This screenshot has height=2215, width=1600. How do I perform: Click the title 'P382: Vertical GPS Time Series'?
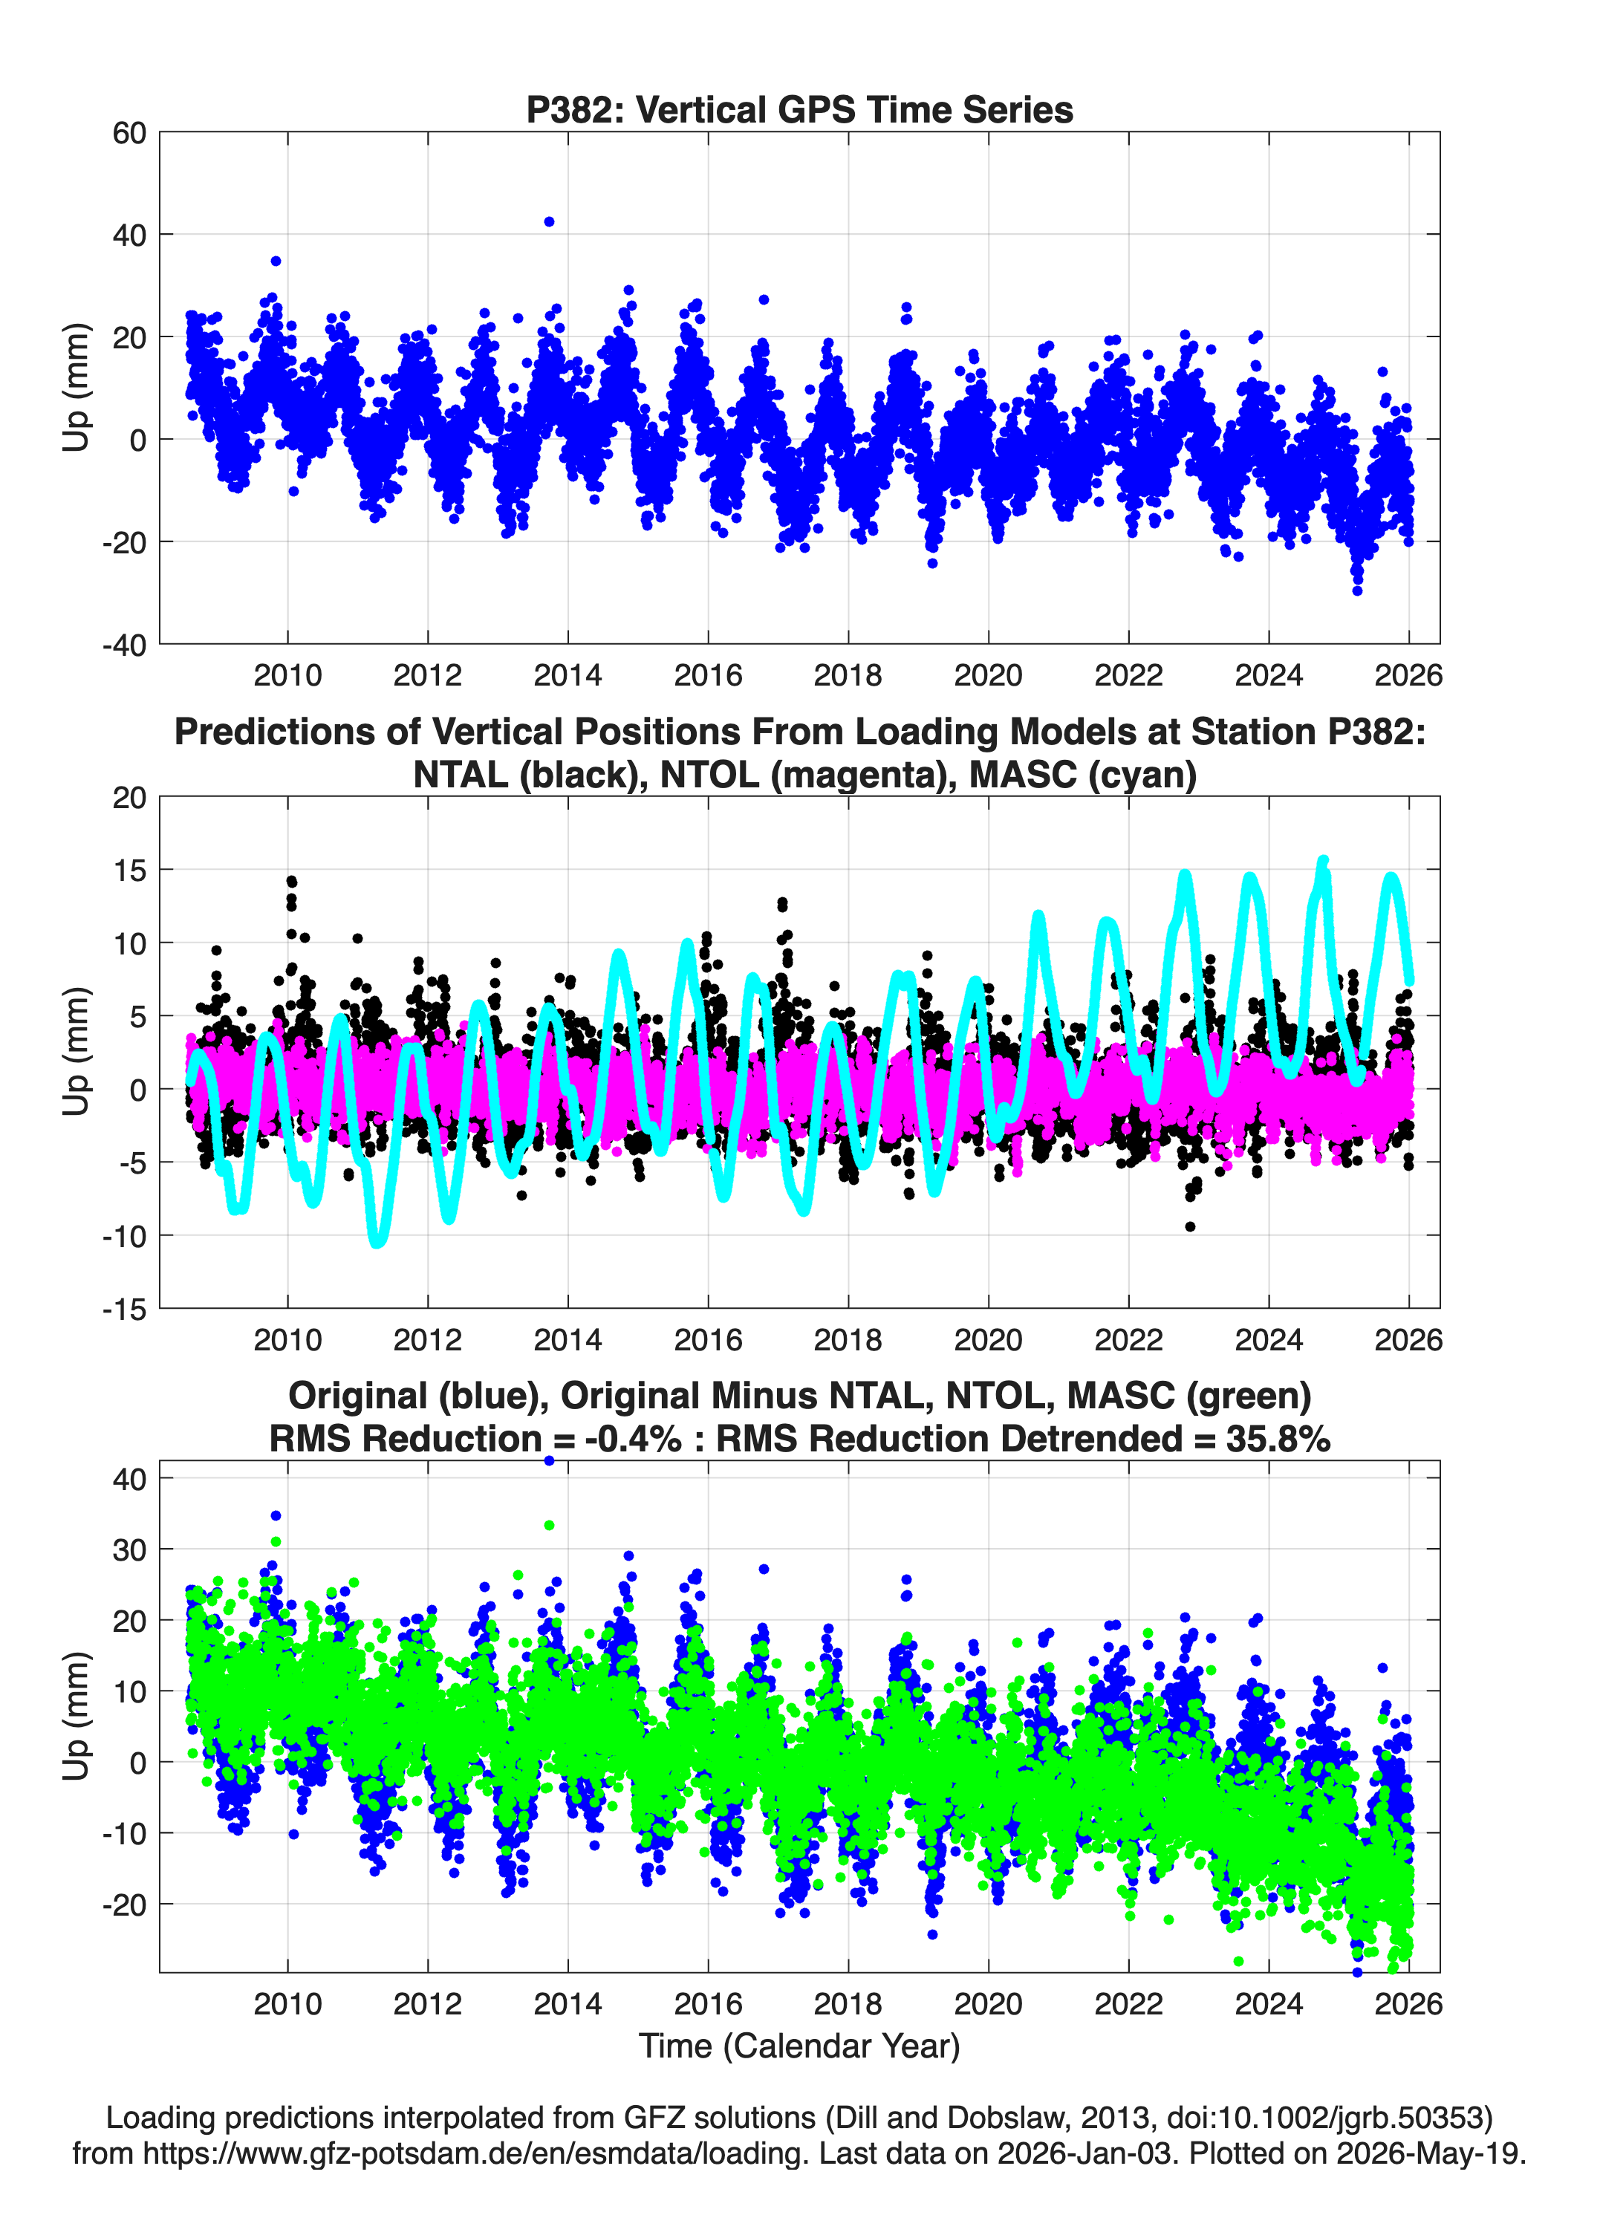tap(799, 109)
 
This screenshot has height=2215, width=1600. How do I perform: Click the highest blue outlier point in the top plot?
tap(549, 221)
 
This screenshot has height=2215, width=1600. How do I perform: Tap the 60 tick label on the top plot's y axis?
tap(129, 133)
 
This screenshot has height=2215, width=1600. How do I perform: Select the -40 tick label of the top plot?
tap(124, 645)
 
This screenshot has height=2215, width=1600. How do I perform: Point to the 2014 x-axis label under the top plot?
tap(568, 675)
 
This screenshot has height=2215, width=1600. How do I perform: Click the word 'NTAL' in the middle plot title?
tap(461, 775)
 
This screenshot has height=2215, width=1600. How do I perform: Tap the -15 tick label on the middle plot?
tap(124, 1309)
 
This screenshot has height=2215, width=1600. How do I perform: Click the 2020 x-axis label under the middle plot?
tap(989, 1339)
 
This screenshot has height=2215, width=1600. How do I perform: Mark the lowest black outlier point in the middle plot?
tap(1190, 1226)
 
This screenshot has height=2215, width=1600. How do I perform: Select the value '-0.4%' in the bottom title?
tap(633, 1439)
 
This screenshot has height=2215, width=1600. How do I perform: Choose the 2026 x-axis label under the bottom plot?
tap(1408, 2003)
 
